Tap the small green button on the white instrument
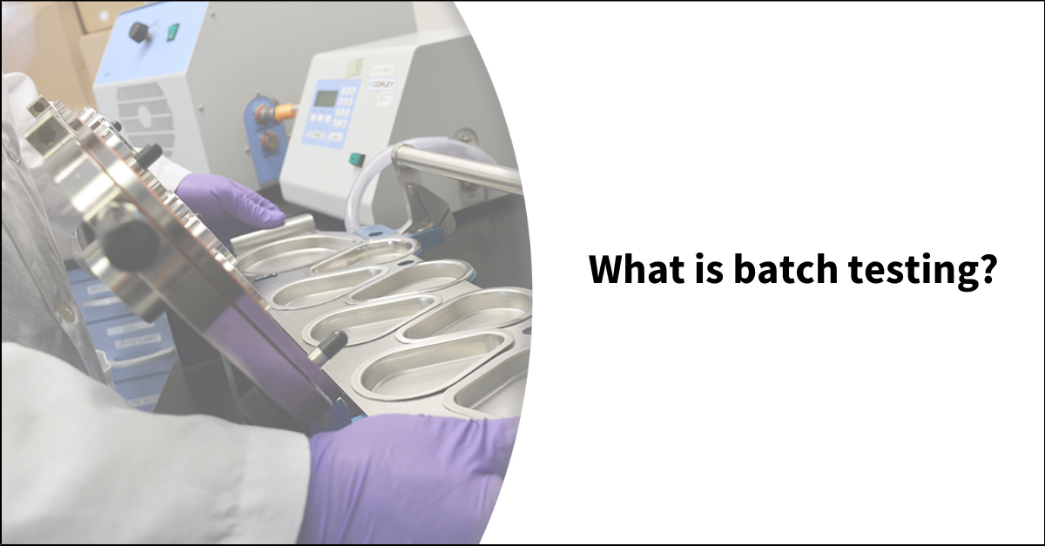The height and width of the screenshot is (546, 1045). coord(355,158)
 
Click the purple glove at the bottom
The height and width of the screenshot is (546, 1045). coord(409,479)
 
